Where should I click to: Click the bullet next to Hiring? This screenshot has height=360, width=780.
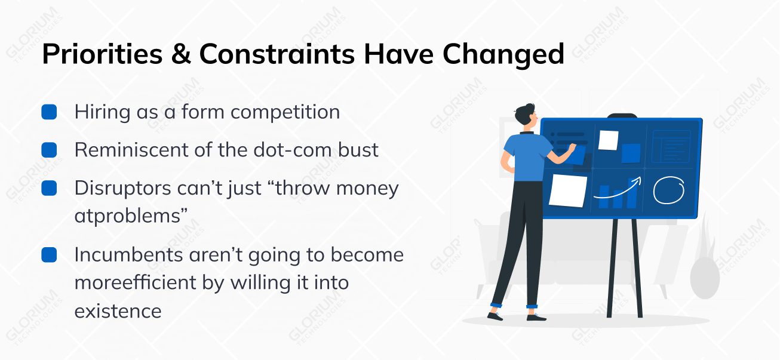coord(49,112)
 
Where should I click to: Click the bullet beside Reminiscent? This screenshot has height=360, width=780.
coord(49,150)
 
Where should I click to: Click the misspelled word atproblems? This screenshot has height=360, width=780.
coord(127,216)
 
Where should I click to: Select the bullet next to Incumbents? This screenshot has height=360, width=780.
coord(49,255)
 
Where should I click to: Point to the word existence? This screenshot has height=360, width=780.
coord(118,310)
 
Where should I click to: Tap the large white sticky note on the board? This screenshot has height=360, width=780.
coord(568,190)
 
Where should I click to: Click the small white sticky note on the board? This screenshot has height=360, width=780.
coord(608,140)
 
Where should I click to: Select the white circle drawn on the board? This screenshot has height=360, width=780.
coord(667,190)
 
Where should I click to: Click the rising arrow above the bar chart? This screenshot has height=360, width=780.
coord(618,187)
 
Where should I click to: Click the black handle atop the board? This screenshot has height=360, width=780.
coord(622,116)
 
